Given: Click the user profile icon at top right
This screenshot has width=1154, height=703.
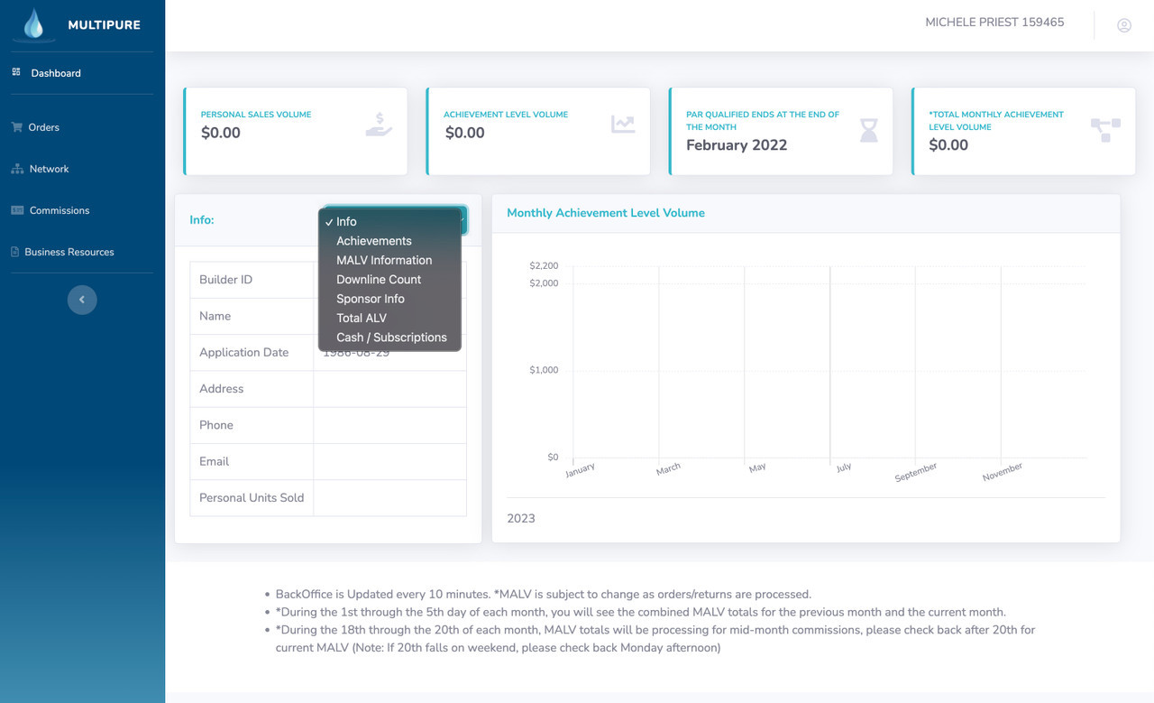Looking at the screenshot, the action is [1124, 25].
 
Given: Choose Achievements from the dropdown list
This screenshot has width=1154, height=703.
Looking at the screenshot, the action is [373, 241].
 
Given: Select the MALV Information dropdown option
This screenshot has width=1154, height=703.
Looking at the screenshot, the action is [384, 260].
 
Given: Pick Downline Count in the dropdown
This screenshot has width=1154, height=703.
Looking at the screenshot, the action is [379, 280].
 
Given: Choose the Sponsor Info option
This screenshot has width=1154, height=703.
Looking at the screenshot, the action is [371, 299].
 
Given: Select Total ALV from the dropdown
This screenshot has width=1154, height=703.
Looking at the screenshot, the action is [362, 318].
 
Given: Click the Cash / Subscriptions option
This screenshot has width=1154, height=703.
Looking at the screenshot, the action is [391, 338].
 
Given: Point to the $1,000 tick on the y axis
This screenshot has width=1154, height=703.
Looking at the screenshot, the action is [544, 370].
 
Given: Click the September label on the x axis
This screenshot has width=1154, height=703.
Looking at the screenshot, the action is [915, 472].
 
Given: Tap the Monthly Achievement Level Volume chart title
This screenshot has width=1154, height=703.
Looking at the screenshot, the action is [605, 213].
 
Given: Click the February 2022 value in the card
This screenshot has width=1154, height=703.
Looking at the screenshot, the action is [737, 145].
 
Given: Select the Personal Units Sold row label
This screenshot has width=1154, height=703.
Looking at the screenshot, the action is [252, 498].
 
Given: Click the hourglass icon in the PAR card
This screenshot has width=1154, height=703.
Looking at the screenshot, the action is [868, 131].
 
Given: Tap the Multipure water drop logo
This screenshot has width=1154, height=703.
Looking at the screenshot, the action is [34, 24].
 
